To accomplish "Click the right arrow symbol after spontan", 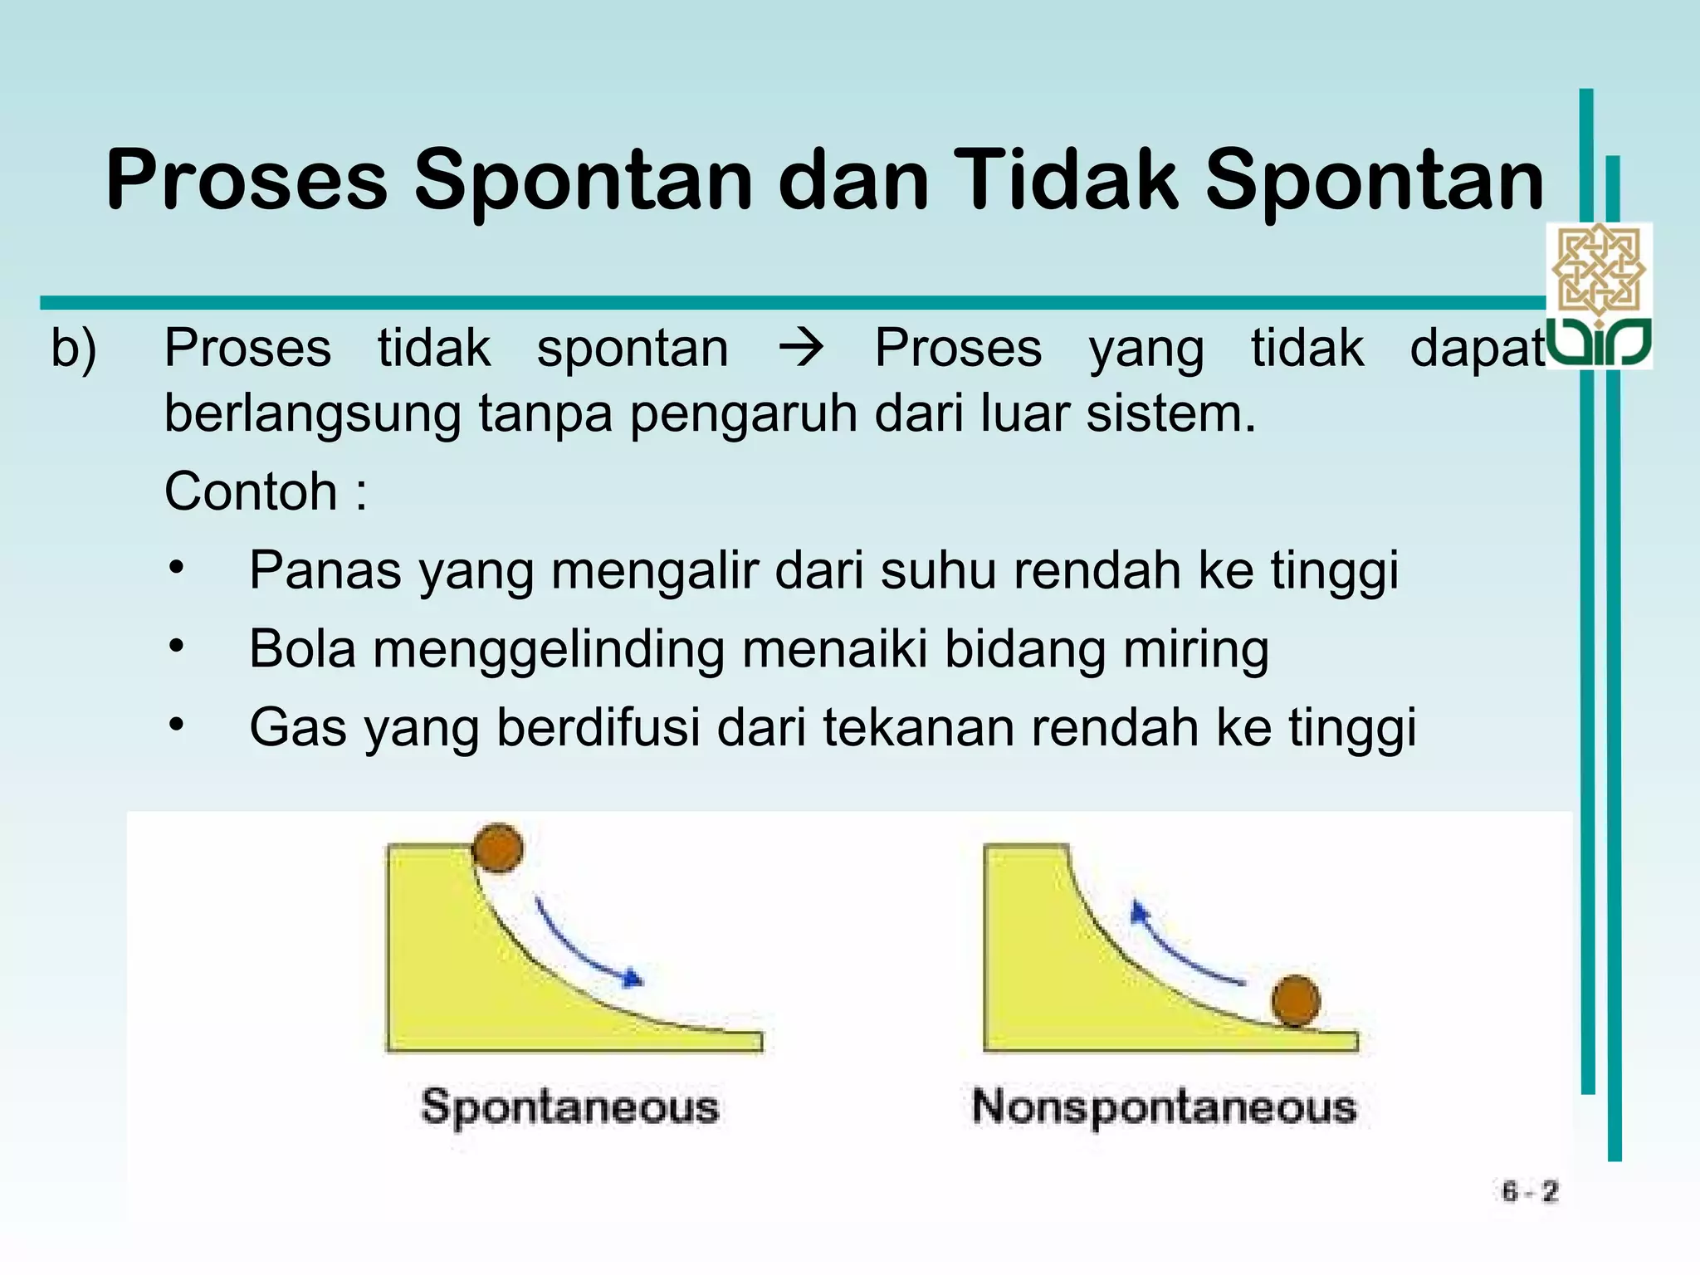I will coord(801,349).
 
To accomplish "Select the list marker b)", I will coord(74,349).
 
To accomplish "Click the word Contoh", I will coord(251,491).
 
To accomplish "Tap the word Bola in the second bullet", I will coord(302,648).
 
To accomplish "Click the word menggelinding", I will coord(549,650).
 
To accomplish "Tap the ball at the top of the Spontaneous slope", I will coord(498,848).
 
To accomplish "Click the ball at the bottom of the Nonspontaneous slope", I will coord(1296,1001).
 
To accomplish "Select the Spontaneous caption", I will coord(569,1107).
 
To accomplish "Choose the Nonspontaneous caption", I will coord(1164,1107).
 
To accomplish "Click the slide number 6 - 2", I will coord(1529,1192).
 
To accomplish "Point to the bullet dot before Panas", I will coord(175,569).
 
